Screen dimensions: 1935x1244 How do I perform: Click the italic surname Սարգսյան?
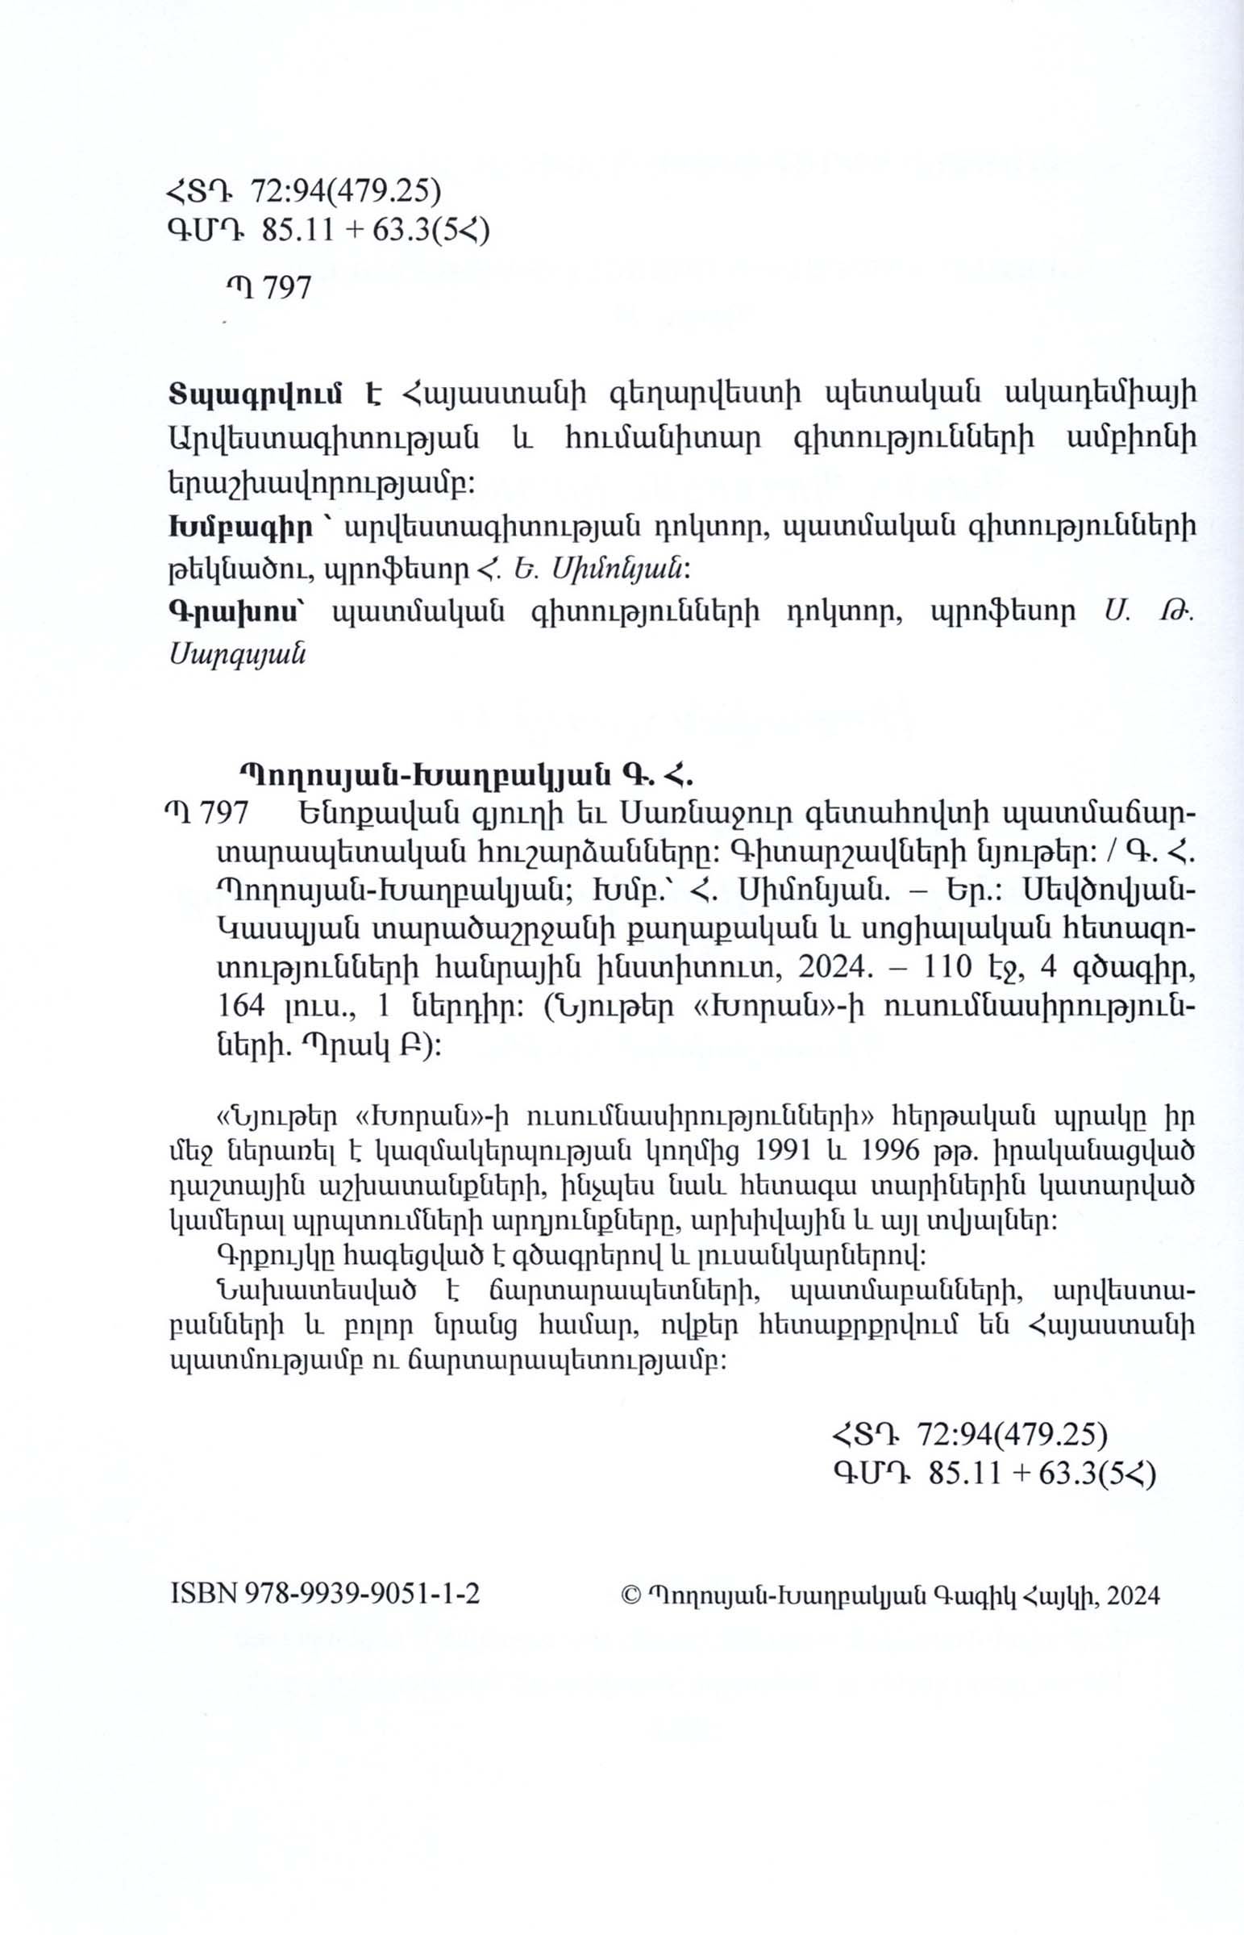(238, 655)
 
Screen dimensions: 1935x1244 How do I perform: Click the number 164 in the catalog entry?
(243, 1006)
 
